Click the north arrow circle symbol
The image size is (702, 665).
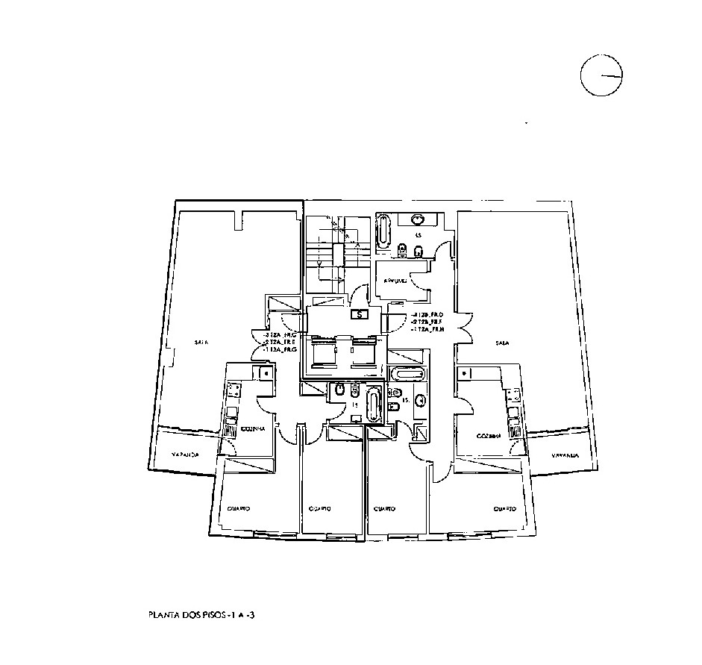(601, 75)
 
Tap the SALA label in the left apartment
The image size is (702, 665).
(201, 343)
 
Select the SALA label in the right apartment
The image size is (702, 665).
(502, 343)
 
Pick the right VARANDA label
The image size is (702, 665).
(566, 455)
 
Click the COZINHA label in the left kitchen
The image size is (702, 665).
(251, 430)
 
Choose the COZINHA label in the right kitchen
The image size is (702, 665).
(488, 435)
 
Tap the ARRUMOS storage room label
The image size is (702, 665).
(395, 281)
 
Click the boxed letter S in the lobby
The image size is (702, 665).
(360, 314)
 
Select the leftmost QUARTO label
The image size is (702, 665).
(238, 508)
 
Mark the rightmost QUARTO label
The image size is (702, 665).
(504, 508)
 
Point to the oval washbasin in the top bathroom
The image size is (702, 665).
(417, 219)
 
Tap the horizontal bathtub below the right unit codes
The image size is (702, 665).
(407, 373)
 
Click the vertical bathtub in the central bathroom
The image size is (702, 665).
(374, 405)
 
